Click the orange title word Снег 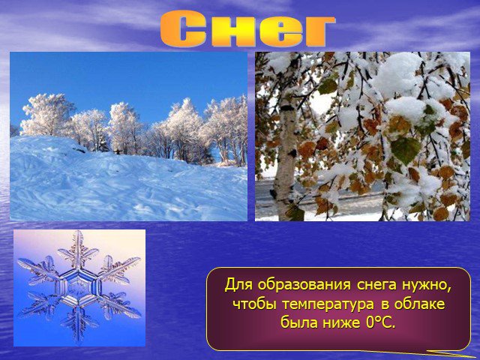click(247, 28)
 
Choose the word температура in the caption click(328, 305)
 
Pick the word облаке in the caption click(419, 304)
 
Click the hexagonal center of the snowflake click(79, 286)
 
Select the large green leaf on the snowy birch click(405, 150)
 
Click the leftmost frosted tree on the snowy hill click(47, 115)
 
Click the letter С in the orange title click(183, 28)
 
